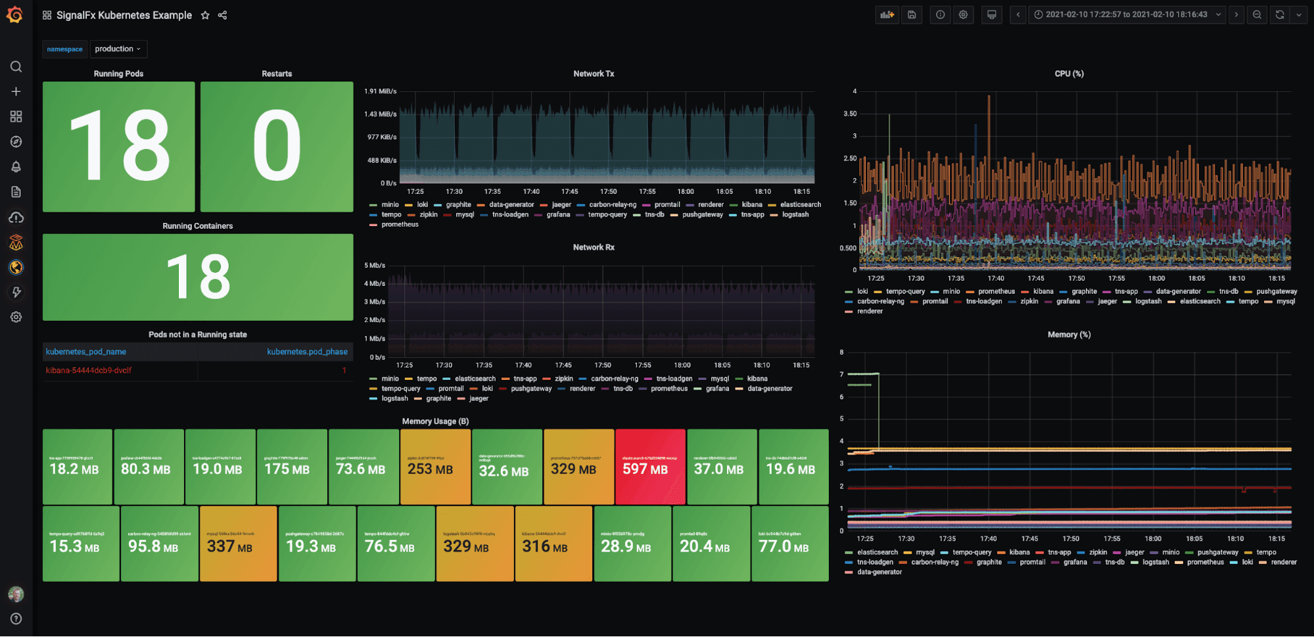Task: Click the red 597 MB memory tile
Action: pyautogui.click(x=649, y=467)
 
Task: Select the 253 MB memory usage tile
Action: pyautogui.click(x=435, y=467)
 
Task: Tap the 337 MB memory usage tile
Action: pyautogui.click(x=238, y=544)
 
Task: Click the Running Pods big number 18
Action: pyautogui.click(x=119, y=146)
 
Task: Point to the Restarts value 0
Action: pyautogui.click(x=277, y=146)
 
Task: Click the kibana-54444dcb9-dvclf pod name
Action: pyautogui.click(x=89, y=371)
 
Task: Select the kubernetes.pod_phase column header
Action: pyautogui.click(x=307, y=352)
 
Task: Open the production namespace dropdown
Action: pyautogui.click(x=118, y=49)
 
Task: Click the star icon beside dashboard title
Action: pyautogui.click(x=205, y=15)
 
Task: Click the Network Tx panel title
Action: pyautogui.click(x=594, y=74)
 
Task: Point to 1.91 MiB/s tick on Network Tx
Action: pyautogui.click(x=381, y=91)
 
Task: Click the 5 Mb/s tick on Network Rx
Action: pyautogui.click(x=375, y=266)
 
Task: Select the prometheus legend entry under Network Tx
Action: pyautogui.click(x=400, y=225)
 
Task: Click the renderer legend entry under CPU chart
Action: pyautogui.click(x=870, y=312)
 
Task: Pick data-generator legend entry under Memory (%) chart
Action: pyautogui.click(x=879, y=573)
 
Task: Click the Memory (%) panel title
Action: pyautogui.click(x=1069, y=335)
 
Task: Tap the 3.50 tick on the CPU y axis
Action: pyautogui.click(x=850, y=114)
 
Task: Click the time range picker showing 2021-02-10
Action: pyautogui.click(x=1127, y=14)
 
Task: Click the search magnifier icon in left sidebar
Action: pyautogui.click(x=16, y=66)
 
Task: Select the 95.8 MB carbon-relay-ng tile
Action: pyautogui.click(x=159, y=544)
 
